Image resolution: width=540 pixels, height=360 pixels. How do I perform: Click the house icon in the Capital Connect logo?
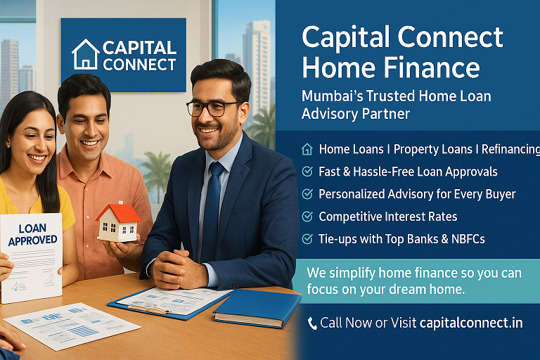pos(86,55)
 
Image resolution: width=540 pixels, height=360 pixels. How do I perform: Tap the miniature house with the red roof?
pos(117,222)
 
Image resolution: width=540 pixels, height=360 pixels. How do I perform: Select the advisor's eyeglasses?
pos(214,108)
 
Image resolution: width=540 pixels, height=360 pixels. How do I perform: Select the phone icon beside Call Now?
pos(312,323)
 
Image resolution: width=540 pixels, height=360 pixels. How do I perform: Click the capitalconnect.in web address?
pos(470,323)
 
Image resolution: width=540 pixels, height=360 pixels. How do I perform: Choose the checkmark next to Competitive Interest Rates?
pos(307,217)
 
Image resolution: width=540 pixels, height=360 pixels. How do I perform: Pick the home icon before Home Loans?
pos(307,149)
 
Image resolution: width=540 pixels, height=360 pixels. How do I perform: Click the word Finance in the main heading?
pos(436,68)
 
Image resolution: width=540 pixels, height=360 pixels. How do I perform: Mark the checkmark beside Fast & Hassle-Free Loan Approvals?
pos(307,172)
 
